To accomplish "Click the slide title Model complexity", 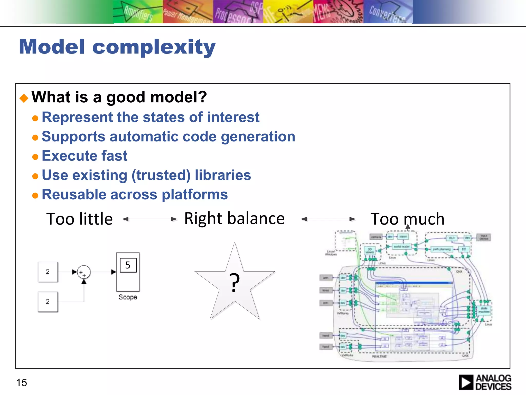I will click(117, 47).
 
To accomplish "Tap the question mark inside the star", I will click(234, 283).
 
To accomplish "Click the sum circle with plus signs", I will click(84, 272).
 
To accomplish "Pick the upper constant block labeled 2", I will click(48, 272).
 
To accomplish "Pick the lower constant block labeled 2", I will click(48, 302).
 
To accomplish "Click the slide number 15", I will click(22, 383).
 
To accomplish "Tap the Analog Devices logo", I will click(485, 382).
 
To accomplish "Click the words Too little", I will click(79, 219).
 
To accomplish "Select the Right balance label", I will click(234, 219).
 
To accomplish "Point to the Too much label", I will click(407, 219).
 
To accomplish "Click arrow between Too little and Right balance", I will click(149, 219).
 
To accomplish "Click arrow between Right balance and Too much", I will click(328, 219).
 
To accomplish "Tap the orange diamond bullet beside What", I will click(24, 98).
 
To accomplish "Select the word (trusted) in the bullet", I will click(161, 175).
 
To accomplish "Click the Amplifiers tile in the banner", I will click(138, 12).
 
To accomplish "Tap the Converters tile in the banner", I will click(388, 12).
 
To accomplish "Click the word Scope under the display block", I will click(128, 297).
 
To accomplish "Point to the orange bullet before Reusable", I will click(35, 196).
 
